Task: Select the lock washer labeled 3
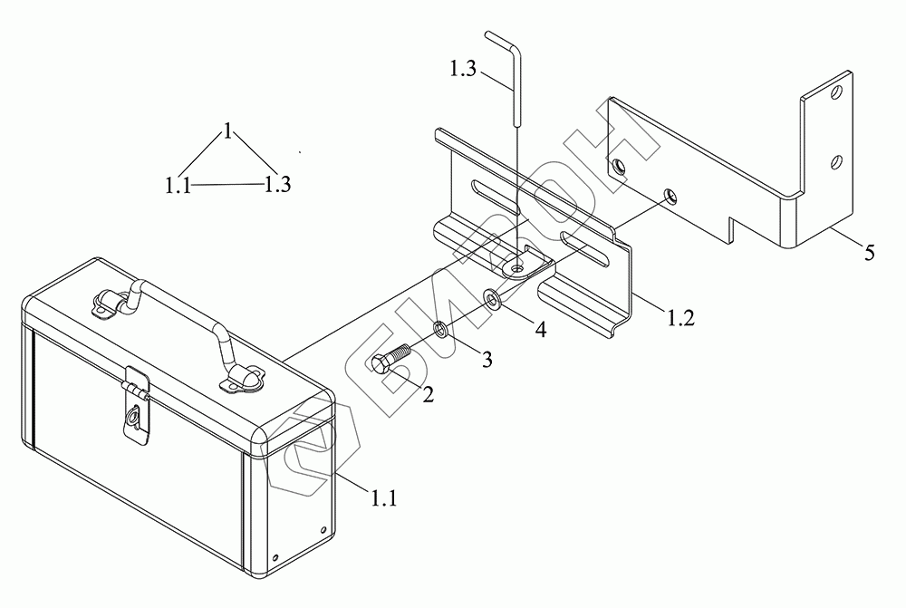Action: (439, 328)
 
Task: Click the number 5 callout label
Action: (869, 253)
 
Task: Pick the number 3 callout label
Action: (487, 360)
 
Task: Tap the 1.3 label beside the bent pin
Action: (464, 69)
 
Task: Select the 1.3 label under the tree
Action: (277, 185)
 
